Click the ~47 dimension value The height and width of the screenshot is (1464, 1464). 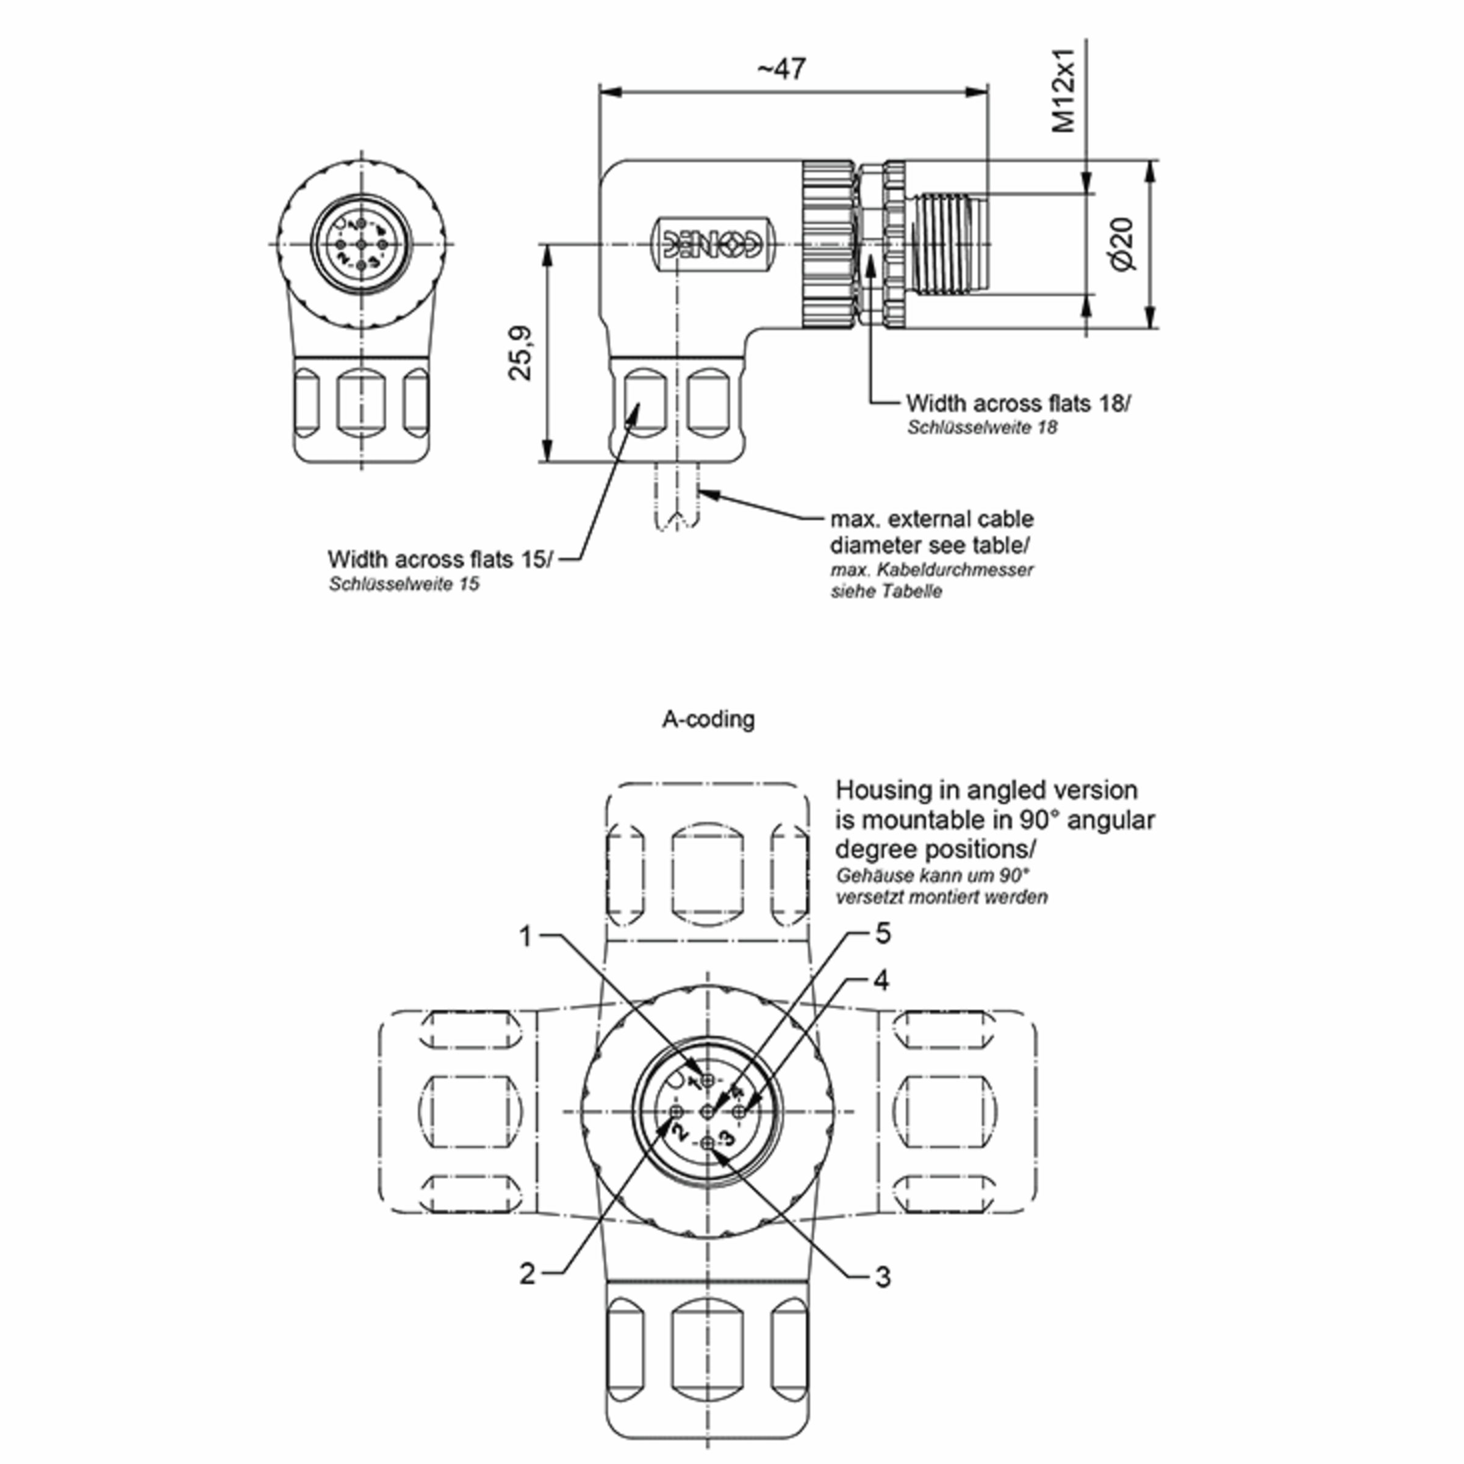[x=782, y=69]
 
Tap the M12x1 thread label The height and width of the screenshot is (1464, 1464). [x=1064, y=91]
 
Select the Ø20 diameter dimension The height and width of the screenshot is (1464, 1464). [x=1124, y=243]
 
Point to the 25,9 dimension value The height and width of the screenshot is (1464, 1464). [x=520, y=353]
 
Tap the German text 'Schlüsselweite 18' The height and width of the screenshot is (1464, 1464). [x=982, y=428]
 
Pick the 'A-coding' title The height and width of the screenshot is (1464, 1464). [x=708, y=719]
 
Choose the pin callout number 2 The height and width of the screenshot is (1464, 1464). [x=528, y=1273]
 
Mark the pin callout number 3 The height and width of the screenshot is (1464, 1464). [x=883, y=1277]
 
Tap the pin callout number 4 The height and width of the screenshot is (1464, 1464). [x=880, y=980]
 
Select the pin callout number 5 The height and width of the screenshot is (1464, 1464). [x=883, y=933]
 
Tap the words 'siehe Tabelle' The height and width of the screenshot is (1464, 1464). [x=886, y=591]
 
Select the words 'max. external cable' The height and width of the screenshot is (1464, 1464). [x=932, y=519]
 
